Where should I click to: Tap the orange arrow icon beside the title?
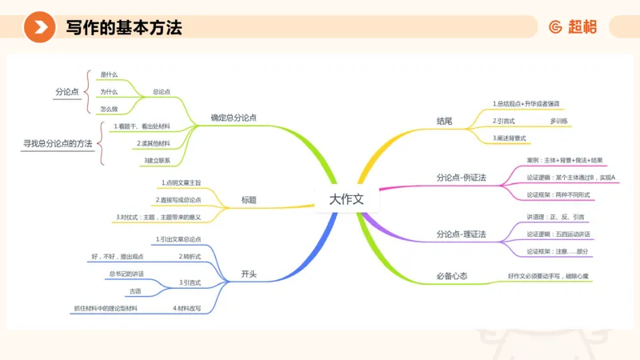tap(39, 28)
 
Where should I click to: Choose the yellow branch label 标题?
tap(249, 199)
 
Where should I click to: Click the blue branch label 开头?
tap(249, 274)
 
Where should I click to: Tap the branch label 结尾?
tap(444, 121)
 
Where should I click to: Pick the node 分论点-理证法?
tap(462, 234)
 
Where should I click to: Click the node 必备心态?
tap(452, 276)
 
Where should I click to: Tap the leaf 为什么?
tap(109, 91)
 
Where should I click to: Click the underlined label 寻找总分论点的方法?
tap(58, 143)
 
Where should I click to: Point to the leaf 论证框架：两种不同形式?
tap(557, 194)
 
